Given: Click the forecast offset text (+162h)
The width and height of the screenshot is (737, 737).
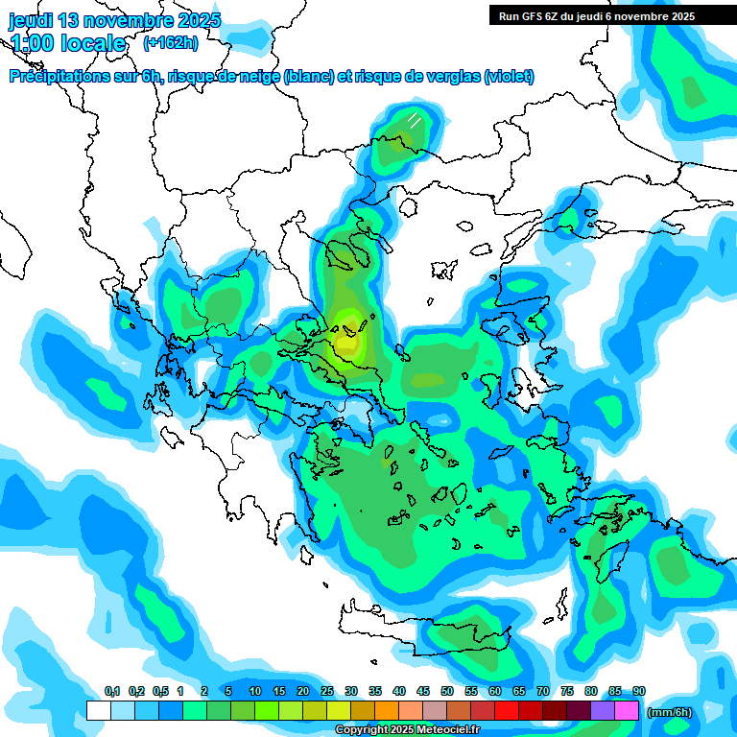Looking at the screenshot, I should point(170,42).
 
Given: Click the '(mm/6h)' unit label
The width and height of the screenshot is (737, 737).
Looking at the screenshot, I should point(669,711).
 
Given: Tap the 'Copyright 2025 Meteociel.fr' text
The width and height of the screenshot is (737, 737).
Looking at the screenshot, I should point(407,730).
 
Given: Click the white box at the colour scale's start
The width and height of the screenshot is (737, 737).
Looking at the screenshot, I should point(98,710).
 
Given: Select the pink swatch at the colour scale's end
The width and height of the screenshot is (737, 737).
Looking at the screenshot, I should point(627,710).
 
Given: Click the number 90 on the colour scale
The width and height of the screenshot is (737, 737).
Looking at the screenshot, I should point(638,692).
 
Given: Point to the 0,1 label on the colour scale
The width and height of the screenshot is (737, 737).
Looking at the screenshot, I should point(111,692).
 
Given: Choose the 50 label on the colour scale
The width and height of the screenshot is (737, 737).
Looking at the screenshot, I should point(447,692).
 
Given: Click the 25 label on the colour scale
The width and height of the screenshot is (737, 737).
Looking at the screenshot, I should point(327,692).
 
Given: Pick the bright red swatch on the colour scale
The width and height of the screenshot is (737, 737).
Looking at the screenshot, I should point(506,710).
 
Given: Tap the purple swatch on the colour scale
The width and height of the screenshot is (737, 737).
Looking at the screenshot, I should point(602,710).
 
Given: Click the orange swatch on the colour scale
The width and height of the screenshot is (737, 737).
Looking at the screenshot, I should point(387,710).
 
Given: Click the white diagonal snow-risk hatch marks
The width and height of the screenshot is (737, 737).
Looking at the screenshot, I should point(414,120).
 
